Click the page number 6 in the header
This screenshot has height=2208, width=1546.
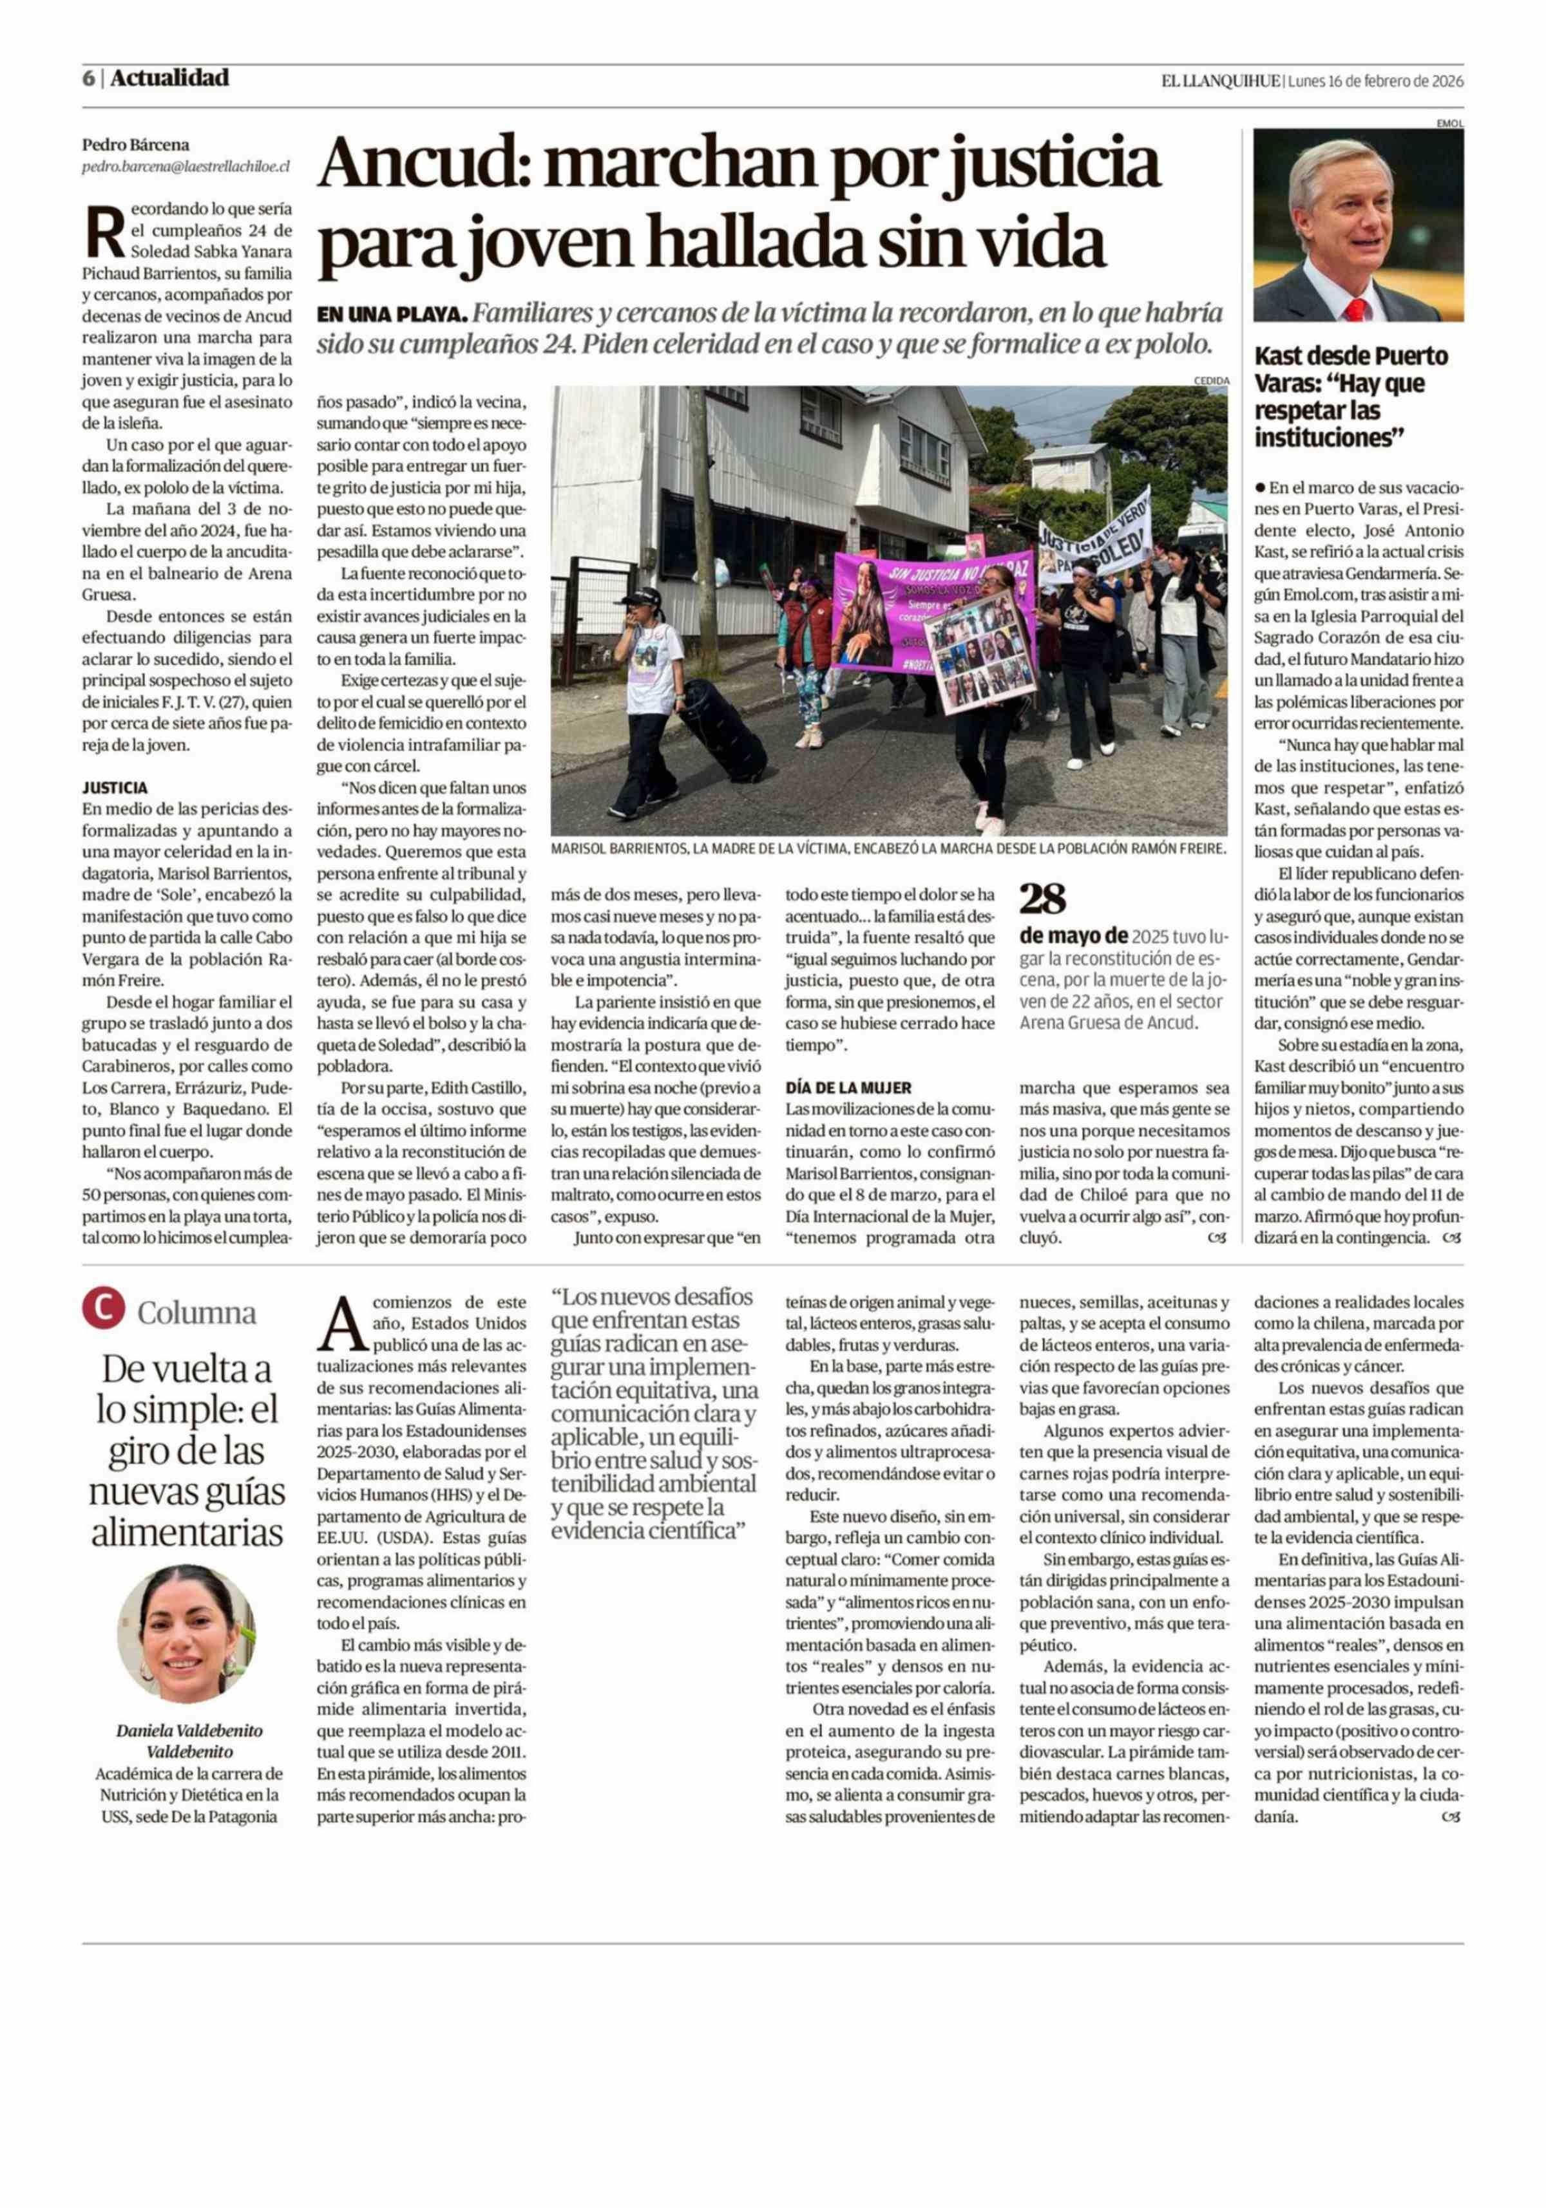point(88,79)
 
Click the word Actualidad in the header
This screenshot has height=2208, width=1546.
point(169,79)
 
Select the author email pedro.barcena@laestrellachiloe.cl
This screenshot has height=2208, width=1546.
point(186,166)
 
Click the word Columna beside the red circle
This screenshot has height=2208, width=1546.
point(196,1314)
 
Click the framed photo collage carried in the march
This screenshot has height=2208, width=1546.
point(978,655)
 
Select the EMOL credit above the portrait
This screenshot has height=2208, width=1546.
point(1449,123)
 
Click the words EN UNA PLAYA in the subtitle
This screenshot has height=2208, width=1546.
point(392,315)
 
